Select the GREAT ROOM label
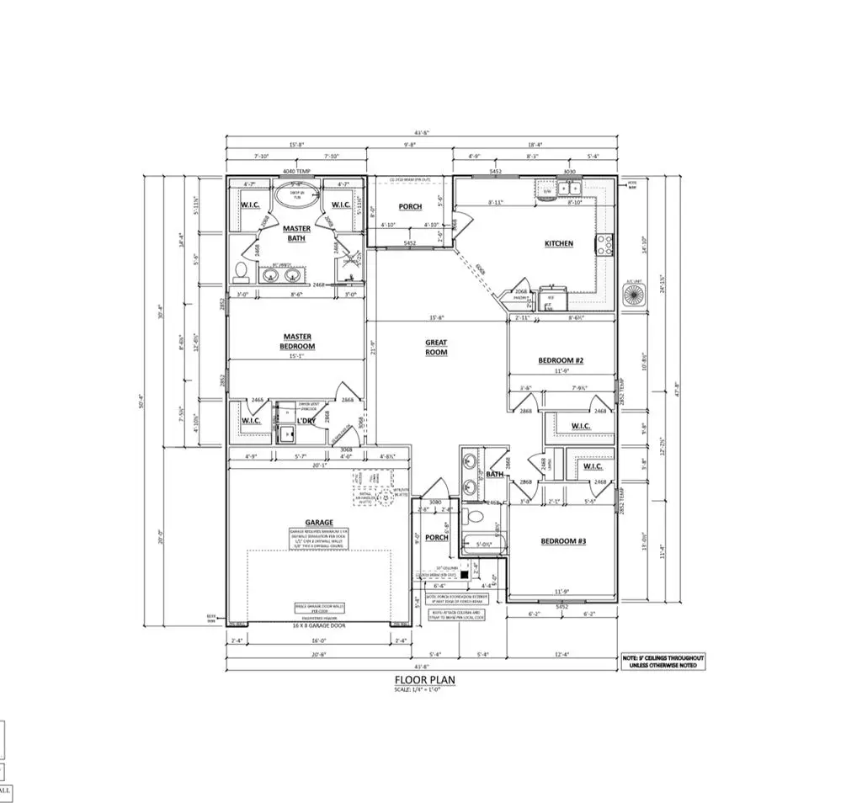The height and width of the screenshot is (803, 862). (x=436, y=347)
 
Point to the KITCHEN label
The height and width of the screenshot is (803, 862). (x=558, y=243)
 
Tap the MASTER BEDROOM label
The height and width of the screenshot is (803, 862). (x=296, y=341)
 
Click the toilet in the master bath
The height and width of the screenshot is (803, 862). (x=241, y=271)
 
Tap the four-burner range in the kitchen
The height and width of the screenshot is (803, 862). (x=604, y=245)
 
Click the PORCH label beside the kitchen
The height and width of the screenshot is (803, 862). (x=410, y=206)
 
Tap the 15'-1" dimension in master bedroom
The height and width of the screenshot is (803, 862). (x=296, y=354)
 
